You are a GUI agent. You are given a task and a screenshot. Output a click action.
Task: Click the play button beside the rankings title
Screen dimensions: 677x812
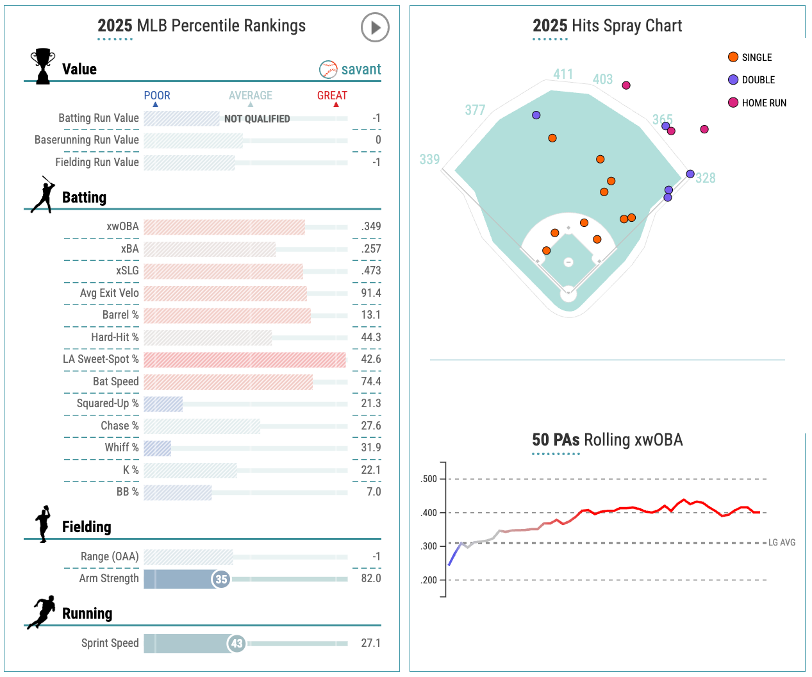pos(375,28)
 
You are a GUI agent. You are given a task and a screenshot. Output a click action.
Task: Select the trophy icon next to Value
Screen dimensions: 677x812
pos(43,66)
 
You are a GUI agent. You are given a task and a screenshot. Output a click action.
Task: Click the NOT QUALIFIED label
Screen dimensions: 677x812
pos(257,119)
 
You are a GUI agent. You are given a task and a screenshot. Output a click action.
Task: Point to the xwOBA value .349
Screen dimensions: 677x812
pos(370,226)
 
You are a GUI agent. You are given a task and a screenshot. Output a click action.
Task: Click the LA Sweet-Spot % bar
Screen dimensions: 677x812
pos(244,360)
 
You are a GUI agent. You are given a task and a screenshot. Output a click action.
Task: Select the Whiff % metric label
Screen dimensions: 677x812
pos(122,447)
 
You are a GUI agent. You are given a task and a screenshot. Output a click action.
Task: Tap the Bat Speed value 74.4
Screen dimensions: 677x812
pos(370,381)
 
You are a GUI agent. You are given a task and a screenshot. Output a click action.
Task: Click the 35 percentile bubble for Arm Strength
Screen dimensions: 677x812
pos(221,579)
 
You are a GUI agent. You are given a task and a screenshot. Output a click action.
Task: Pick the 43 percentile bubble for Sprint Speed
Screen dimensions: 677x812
pos(237,643)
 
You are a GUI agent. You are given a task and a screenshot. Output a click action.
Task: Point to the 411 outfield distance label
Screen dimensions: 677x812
pos(563,74)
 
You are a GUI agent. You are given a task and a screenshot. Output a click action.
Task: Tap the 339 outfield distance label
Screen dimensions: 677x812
pos(429,160)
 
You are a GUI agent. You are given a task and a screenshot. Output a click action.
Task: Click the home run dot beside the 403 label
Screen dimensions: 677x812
pos(626,85)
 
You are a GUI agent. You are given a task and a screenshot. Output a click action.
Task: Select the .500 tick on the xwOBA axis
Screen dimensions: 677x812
pos(429,479)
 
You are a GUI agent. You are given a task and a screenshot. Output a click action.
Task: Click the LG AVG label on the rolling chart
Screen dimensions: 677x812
pos(782,542)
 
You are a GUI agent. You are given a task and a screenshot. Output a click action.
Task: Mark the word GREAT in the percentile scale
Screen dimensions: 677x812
pos(332,96)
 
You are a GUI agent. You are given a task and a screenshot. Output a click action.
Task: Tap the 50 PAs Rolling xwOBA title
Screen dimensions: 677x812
pos(607,440)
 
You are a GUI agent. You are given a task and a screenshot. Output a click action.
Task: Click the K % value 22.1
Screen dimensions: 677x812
pos(370,470)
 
